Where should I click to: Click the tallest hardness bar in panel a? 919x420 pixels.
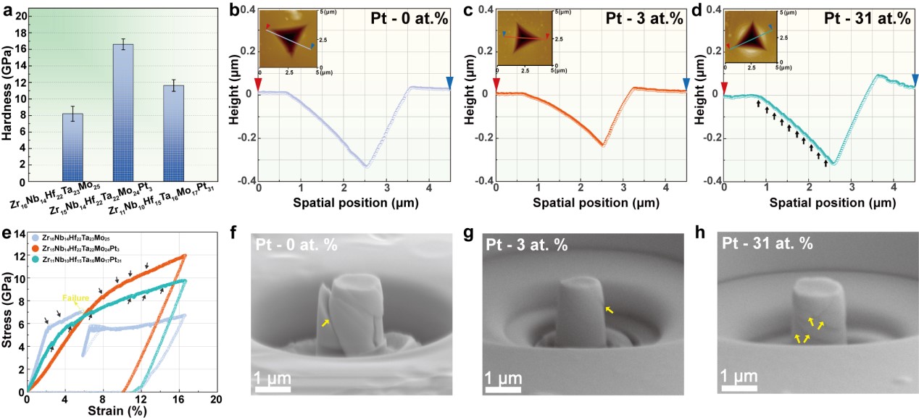point(122,109)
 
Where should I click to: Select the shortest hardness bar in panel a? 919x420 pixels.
point(72,145)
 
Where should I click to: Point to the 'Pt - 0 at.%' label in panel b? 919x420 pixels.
point(409,19)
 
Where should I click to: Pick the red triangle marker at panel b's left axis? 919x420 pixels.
point(259,83)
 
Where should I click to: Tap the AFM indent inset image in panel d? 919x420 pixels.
point(752,41)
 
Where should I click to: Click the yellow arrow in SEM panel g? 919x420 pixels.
point(609,310)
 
